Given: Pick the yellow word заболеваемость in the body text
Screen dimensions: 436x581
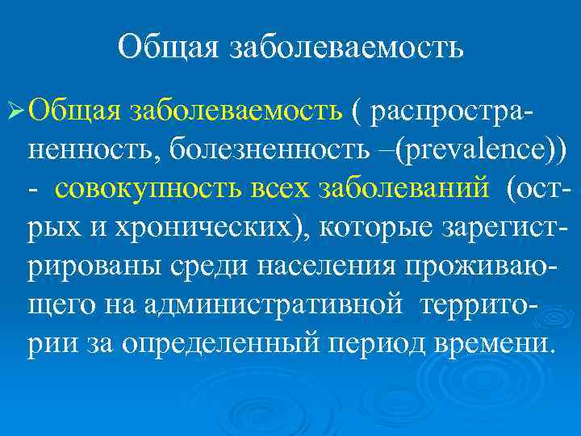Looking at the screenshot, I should [x=234, y=109].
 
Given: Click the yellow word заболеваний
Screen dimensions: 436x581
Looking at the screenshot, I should [x=407, y=187].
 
